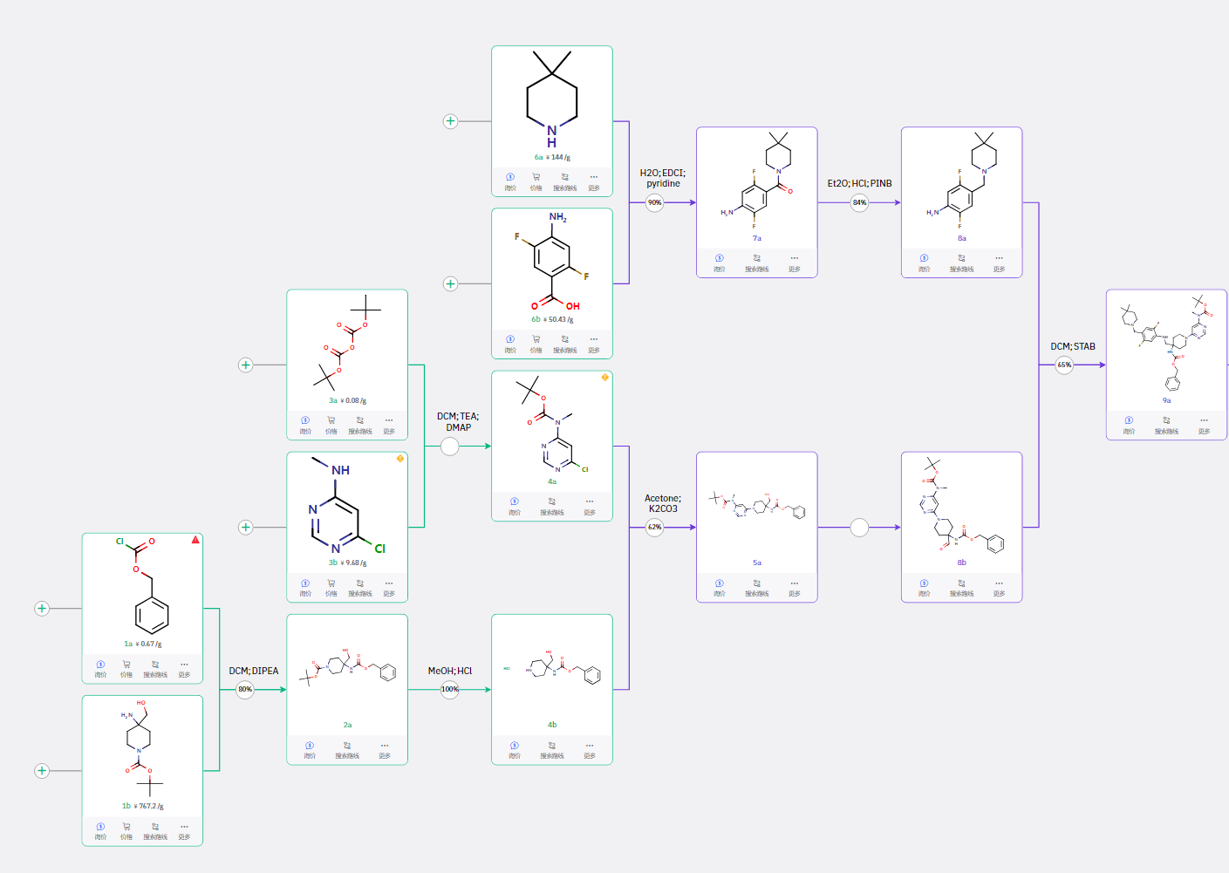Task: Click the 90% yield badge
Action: (x=654, y=202)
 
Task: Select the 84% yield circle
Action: (x=859, y=202)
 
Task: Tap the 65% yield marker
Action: (x=1064, y=365)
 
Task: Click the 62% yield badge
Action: (x=654, y=527)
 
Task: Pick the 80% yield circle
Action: (x=245, y=689)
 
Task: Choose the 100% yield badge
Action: (x=449, y=689)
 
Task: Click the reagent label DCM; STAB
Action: (x=1072, y=346)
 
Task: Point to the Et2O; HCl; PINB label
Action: (x=859, y=183)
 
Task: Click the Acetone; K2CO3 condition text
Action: (x=663, y=503)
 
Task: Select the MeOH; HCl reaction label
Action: (x=449, y=671)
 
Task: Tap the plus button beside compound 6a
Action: (x=450, y=121)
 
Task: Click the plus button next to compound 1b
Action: (x=42, y=770)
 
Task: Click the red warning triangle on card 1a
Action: (x=195, y=540)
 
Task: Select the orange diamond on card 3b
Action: (x=400, y=458)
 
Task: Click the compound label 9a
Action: (x=1166, y=400)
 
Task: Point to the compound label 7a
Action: (x=756, y=238)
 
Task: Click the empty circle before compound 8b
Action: (x=859, y=527)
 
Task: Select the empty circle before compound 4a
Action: (x=449, y=446)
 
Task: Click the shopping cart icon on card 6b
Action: (x=536, y=339)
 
